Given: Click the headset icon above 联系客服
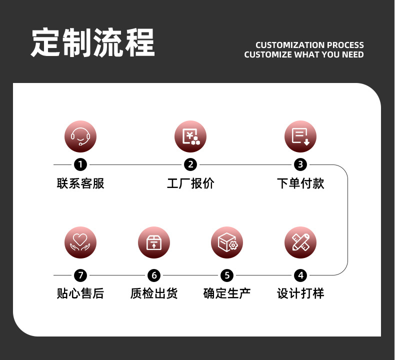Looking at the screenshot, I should pyautogui.click(x=80, y=136).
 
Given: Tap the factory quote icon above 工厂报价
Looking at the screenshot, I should pyautogui.click(x=190, y=136).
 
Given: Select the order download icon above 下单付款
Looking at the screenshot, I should pyautogui.click(x=300, y=136).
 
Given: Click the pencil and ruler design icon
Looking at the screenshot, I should pyautogui.click(x=300, y=242).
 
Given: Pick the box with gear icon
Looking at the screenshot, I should pyautogui.click(x=227, y=242).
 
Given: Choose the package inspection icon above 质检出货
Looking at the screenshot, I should pyautogui.click(x=154, y=242).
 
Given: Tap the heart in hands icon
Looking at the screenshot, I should pyautogui.click(x=80, y=242).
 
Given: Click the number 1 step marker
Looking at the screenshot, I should pyautogui.click(x=80, y=164).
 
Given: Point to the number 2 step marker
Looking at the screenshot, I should pyautogui.click(x=190, y=164).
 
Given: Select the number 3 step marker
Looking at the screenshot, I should pyautogui.click(x=300, y=164).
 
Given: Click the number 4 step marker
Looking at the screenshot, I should pyautogui.click(x=300, y=275).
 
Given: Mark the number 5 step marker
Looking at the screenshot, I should pyautogui.click(x=227, y=275).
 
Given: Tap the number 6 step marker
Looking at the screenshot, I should pyautogui.click(x=154, y=275).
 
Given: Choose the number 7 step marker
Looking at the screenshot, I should pyautogui.click(x=80, y=275).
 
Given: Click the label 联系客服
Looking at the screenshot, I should pyautogui.click(x=80, y=183).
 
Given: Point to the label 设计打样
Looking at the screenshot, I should pyautogui.click(x=300, y=293).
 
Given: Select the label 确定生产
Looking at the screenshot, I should pyautogui.click(x=227, y=293).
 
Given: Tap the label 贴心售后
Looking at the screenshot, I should pyautogui.click(x=80, y=293).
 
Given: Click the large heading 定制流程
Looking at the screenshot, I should pyautogui.click(x=93, y=43).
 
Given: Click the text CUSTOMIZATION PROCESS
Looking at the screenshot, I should pyautogui.click(x=309, y=45).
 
